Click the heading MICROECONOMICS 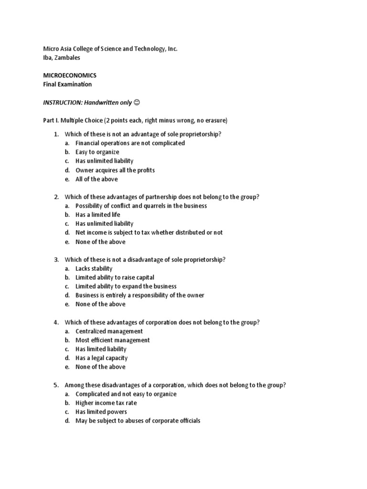[x=70, y=75]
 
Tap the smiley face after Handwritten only [x=137, y=102]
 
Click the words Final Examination [x=67, y=85]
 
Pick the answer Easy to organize [x=97, y=152]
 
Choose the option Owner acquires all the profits [x=115, y=170]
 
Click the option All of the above [x=97, y=179]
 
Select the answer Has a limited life [x=98, y=214]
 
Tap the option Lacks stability [x=94, y=268]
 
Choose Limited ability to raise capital [x=115, y=277]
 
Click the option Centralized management [x=109, y=331]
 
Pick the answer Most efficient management [x=113, y=340]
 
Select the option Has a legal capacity [x=102, y=358]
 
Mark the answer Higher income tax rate [x=106, y=403]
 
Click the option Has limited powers [x=101, y=412]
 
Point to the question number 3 [x=56, y=259]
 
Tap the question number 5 [x=56, y=385]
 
